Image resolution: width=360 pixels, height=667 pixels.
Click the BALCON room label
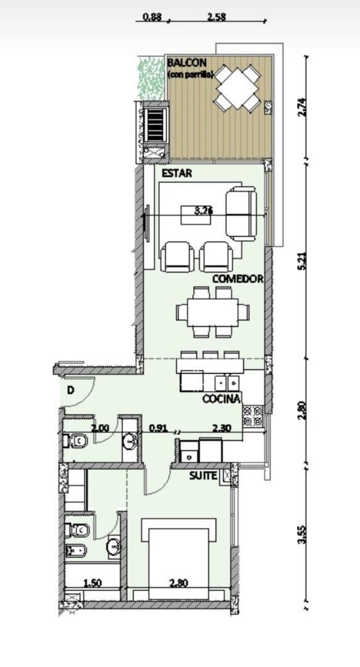click(x=187, y=63)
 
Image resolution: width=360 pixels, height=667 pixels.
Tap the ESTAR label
click(x=177, y=174)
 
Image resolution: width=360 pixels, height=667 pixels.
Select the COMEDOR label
click(x=238, y=279)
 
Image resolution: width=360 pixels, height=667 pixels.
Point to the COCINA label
click(x=221, y=399)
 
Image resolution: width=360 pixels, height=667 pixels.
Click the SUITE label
click(x=203, y=476)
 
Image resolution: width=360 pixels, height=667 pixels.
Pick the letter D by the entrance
click(x=71, y=390)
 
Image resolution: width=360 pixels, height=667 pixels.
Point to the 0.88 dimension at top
click(x=152, y=17)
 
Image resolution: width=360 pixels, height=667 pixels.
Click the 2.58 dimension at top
click(x=216, y=17)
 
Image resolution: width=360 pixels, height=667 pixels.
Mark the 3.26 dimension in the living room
click(x=203, y=211)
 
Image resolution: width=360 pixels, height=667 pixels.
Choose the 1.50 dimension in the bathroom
click(x=93, y=582)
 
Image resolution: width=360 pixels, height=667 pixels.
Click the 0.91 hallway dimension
click(x=159, y=427)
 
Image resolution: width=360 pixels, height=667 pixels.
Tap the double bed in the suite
click(x=179, y=556)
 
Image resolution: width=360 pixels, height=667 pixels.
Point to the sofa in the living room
click(x=241, y=214)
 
